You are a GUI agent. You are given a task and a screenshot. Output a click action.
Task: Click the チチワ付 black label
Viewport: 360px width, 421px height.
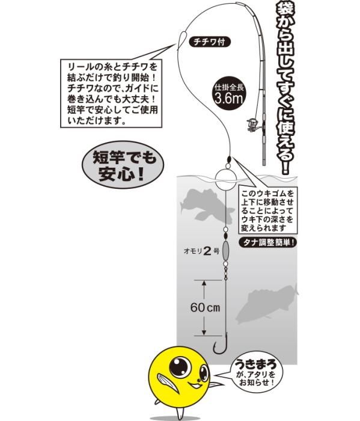coord(210,42)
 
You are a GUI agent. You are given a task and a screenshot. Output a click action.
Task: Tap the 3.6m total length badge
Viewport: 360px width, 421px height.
coord(229,94)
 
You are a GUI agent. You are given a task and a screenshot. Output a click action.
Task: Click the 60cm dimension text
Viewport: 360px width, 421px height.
coord(205,307)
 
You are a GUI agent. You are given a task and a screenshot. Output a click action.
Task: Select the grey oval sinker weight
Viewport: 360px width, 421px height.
coord(225,250)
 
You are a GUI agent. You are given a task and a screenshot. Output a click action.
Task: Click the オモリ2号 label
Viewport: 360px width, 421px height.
coord(201,251)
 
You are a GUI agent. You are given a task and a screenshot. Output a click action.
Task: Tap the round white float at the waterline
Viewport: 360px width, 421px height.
coord(227,179)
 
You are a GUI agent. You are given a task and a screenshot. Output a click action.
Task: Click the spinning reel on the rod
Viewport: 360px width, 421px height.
coord(253,125)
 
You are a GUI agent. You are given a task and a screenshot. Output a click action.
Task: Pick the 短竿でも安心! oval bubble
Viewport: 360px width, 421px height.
coord(123,165)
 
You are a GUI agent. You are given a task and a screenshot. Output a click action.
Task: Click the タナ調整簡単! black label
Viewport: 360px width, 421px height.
coord(268,243)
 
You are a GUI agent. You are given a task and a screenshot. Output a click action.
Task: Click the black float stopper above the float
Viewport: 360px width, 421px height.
coord(228,159)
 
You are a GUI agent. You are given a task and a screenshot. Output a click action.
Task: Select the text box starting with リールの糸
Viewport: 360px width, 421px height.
coord(111,93)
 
